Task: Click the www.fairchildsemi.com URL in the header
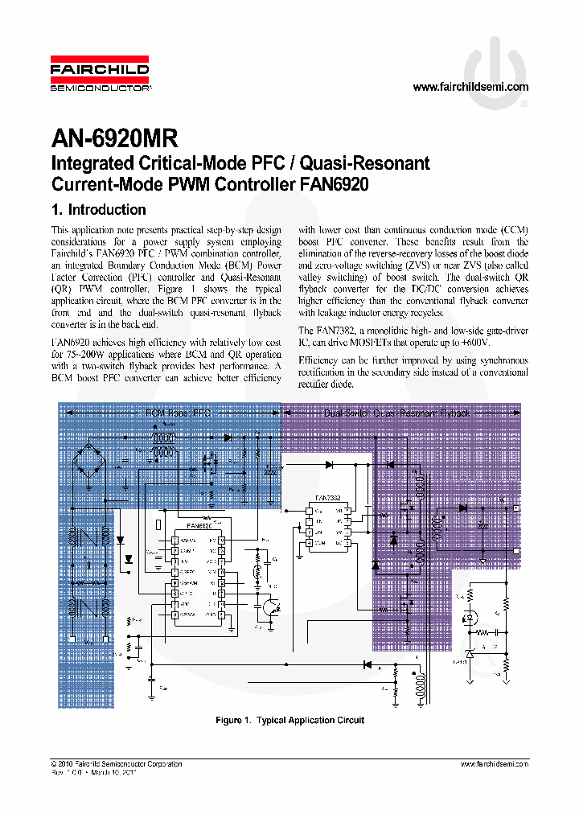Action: [x=470, y=87]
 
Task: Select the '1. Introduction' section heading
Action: [x=98, y=210]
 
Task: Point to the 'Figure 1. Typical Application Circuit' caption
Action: [x=289, y=720]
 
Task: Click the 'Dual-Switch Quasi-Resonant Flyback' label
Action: [x=396, y=413]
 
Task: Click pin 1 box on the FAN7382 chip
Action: [x=308, y=512]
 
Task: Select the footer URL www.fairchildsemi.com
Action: [x=494, y=764]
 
